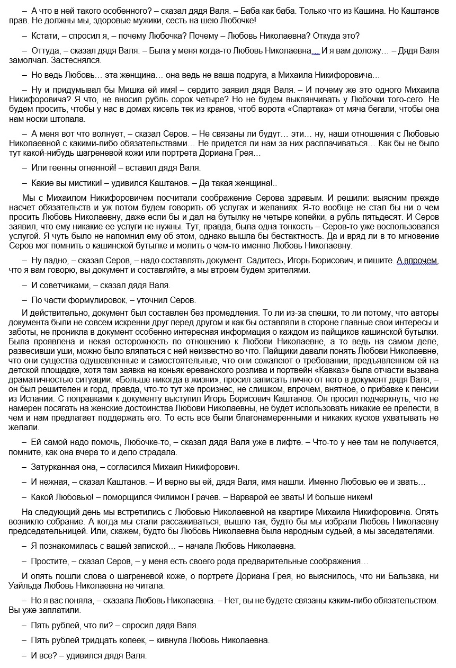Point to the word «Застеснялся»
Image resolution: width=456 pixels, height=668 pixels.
tap(80, 60)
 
